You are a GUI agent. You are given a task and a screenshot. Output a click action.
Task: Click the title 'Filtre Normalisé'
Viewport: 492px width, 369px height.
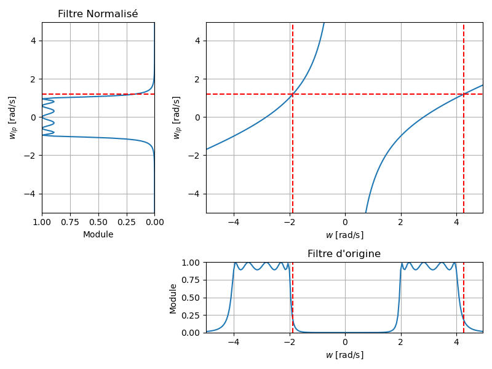98,14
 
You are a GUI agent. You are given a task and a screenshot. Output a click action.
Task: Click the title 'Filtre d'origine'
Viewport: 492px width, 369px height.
344,254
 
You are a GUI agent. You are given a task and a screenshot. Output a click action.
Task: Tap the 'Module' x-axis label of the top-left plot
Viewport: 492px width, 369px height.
98,234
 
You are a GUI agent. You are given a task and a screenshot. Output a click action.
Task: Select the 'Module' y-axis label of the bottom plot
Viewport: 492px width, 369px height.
173,298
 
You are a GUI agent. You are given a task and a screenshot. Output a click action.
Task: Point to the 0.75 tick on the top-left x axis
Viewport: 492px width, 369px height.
70,222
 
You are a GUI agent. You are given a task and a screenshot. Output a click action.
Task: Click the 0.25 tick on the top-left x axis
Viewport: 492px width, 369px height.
126,222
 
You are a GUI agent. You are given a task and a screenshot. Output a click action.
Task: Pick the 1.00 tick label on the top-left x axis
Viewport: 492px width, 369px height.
42,222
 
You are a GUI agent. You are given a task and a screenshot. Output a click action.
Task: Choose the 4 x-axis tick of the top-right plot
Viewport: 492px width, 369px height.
456,222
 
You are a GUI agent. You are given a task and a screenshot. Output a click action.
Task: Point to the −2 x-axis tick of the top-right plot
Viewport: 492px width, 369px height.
289,222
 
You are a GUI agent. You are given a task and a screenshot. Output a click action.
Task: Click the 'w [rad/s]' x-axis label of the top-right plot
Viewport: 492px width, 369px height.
344,235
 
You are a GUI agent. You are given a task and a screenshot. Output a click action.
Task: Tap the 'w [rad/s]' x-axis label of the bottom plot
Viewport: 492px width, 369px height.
344,355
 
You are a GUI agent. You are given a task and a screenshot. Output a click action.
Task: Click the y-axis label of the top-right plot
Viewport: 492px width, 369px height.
177,117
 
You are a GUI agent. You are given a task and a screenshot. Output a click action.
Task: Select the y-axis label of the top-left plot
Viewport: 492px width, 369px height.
12,117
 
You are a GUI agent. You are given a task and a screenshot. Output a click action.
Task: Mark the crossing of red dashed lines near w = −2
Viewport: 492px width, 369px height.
293,94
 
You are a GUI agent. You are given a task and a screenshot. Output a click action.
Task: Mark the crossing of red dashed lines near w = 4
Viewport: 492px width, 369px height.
464,94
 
